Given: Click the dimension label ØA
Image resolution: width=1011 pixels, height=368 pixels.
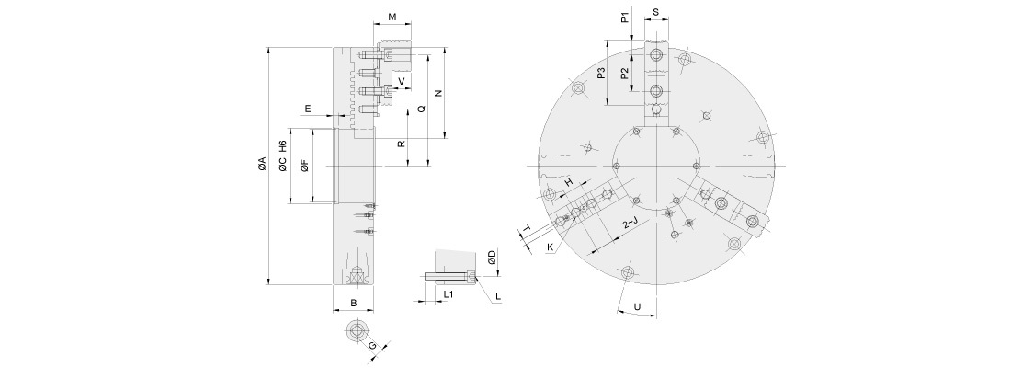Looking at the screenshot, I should [x=262, y=165].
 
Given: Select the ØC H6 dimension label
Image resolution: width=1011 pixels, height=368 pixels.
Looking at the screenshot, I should [x=283, y=156].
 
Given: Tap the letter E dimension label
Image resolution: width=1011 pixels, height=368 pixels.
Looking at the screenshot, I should [x=308, y=109].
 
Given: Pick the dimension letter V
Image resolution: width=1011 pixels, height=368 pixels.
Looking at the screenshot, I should [x=402, y=81].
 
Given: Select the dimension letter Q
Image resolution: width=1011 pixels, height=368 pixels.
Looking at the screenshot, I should [x=420, y=109].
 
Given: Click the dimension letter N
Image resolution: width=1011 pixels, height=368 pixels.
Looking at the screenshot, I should [x=438, y=94].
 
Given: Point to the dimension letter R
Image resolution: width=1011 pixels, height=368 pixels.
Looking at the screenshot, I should [x=401, y=144].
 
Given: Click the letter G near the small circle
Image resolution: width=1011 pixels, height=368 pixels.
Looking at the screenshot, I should [x=372, y=346].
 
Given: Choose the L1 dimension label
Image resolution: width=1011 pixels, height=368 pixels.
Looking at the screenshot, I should [x=449, y=293].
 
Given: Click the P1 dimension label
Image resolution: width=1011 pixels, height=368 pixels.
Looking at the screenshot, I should [x=624, y=17].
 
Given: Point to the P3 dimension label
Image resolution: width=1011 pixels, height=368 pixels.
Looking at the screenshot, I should [x=600, y=74].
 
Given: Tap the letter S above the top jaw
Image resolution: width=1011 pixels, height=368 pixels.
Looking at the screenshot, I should [x=655, y=13].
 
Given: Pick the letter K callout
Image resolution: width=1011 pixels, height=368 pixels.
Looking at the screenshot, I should [x=550, y=247].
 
